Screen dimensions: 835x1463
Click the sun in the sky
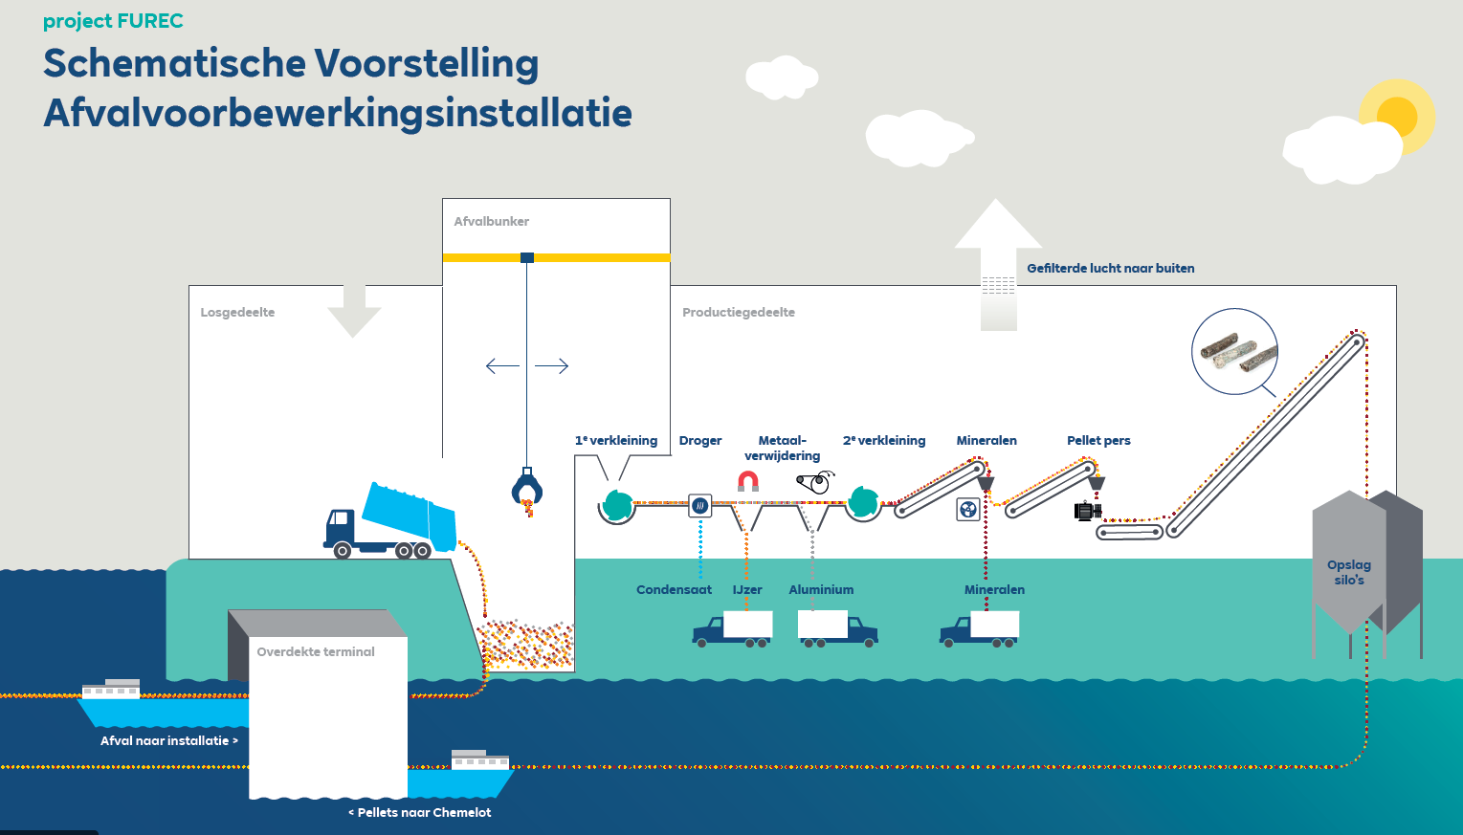(x=1396, y=117)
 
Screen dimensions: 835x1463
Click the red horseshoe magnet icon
(x=748, y=480)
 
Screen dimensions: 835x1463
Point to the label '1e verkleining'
(x=616, y=441)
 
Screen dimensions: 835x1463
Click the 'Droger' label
(x=700, y=441)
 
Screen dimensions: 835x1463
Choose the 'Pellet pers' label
(x=1098, y=441)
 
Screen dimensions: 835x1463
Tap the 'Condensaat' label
(x=674, y=590)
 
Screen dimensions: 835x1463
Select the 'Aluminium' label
(x=821, y=590)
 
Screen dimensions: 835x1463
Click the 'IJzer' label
(x=747, y=590)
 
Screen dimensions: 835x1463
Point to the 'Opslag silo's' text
(x=1349, y=572)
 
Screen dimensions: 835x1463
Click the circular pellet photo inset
(x=1234, y=351)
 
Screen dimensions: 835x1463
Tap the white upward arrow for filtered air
(x=998, y=263)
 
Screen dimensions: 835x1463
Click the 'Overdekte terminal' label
(x=316, y=652)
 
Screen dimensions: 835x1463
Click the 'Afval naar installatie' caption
(x=168, y=741)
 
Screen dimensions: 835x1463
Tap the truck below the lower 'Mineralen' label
(x=980, y=629)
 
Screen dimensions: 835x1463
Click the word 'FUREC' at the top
(x=150, y=21)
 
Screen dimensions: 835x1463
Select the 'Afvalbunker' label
(x=491, y=222)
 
